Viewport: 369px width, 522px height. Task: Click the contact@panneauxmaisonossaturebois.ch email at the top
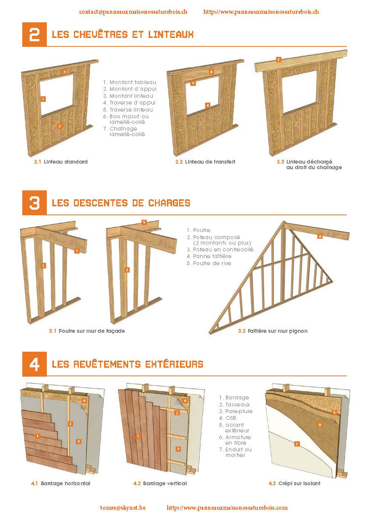tap(133, 12)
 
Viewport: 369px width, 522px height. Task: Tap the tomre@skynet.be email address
tap(123, 507)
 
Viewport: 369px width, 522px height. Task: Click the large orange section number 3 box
tap(35, 203)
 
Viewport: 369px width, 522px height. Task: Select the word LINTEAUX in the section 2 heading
tap(171, 35)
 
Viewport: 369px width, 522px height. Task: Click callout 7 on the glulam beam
tap(278, 59)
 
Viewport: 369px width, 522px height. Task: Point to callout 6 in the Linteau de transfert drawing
tap(211, 72)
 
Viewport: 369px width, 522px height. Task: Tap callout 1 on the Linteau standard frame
tap(43, 99)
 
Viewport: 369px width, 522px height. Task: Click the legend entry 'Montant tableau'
tap(130, 82)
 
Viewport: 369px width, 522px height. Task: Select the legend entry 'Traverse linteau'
tap(128, 110)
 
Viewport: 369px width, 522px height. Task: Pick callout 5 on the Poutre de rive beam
tap(144, 222)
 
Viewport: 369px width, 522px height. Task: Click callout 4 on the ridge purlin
tap(320, 236)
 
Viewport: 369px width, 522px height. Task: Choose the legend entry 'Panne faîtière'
tap(209, 256)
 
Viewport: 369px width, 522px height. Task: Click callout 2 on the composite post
tap(43, 265)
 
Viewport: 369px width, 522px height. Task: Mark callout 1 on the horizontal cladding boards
tap(37, 436)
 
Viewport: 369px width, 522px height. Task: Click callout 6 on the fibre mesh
tap(320, 425)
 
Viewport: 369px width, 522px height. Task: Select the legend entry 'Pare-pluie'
tap(236, 411)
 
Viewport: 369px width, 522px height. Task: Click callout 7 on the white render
tap(297, 444)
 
